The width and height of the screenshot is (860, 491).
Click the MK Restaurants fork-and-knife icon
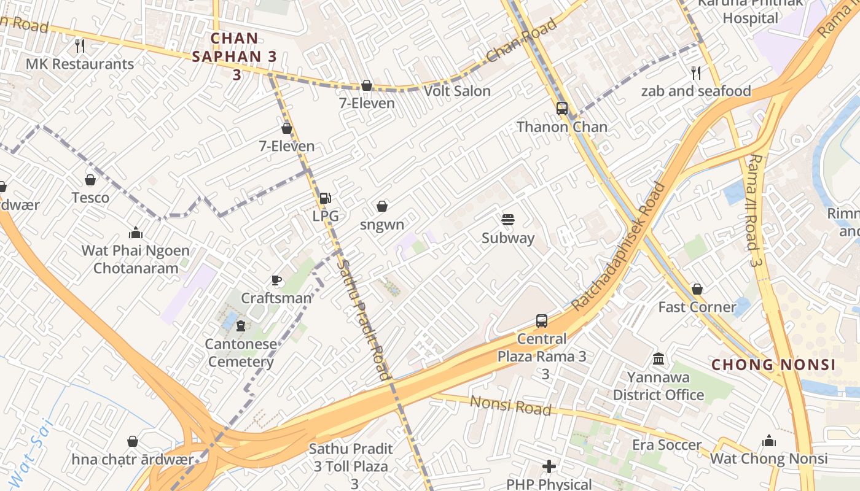pos(79,45)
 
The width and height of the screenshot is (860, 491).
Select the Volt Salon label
pos(457,91)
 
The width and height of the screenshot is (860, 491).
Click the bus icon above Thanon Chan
pos(561,109)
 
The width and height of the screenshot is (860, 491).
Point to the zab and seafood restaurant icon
pos(696,73)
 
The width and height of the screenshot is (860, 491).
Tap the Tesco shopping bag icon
pos(90,180)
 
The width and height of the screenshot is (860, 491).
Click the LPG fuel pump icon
pos(325,198)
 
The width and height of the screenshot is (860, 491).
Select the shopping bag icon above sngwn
pos(382,206)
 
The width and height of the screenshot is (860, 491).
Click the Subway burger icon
pos(507,220)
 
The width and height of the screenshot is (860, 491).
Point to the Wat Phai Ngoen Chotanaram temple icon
pos(136,233)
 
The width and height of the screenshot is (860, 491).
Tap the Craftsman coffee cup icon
pos(276,280)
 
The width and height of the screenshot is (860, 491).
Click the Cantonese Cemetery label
pos(241,353)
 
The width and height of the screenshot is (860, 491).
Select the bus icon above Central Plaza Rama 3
pos(541,320)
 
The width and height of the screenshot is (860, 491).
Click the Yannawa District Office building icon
pos(659,358)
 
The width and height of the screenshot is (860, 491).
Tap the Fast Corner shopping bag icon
pos(697,289)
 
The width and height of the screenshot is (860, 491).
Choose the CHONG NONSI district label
pos(773,365)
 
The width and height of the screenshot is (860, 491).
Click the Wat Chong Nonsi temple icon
pos(768,441)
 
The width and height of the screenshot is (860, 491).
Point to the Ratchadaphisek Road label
pos(619,245)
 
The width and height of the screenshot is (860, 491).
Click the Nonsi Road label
pos(510,406)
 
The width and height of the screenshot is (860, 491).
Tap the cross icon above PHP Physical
pos(549,467)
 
